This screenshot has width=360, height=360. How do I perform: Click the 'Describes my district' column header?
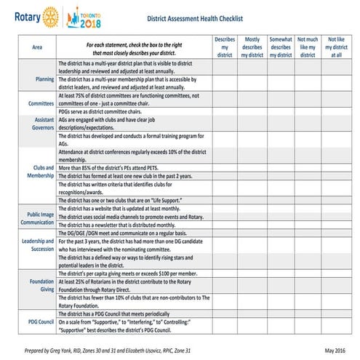tap(225, 47)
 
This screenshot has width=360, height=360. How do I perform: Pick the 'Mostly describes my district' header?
tap(252, 47)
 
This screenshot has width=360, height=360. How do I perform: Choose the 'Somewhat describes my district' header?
tap(280, 47)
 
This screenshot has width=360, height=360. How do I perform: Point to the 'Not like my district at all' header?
tap(335, 47)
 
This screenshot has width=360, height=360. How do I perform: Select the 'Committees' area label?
tap(41, 103)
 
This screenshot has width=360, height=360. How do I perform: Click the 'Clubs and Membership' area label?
tap(41, 172)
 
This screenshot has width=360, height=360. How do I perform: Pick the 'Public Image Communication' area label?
tap(39, 220)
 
